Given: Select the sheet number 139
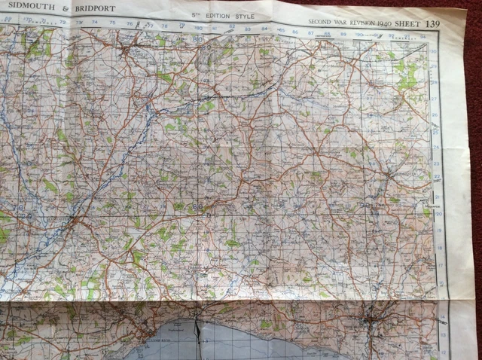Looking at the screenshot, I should click(432, 24).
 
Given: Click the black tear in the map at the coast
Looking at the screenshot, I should click(198, 331).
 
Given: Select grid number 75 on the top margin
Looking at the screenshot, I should click(112, 23).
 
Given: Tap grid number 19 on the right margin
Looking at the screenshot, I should click(440, 230).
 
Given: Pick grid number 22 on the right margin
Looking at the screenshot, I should click(438, 178).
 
